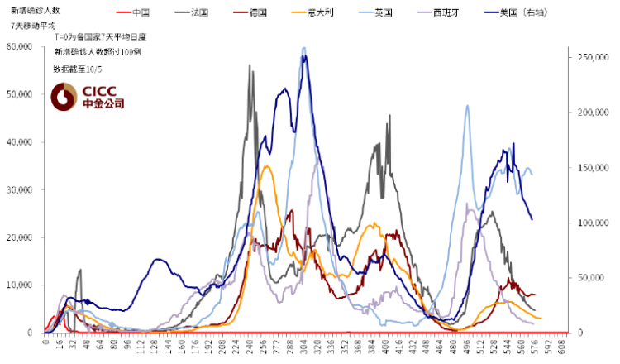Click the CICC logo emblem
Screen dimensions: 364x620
coord(64,98)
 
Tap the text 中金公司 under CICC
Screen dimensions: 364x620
coord(103,104)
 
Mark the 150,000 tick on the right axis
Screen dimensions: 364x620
coord(588,168)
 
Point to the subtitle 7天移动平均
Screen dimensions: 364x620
coord(29,26)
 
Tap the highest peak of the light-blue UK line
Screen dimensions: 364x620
coord(304,48)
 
